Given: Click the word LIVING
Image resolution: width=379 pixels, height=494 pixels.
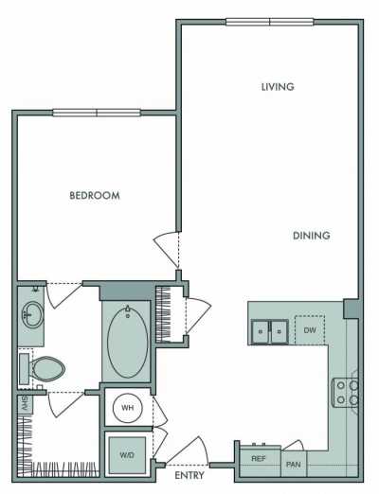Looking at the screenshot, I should pos(278,87).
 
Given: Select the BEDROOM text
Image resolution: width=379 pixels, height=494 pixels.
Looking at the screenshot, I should pos(95,196).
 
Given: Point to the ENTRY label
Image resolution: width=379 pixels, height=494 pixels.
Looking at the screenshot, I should pos(189,475).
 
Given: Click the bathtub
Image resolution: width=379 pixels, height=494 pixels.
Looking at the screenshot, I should pos(127,342).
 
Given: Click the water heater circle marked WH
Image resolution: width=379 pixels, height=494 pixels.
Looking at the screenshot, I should pos(127,409).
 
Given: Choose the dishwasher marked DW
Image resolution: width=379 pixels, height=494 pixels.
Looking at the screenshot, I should pos(309,329).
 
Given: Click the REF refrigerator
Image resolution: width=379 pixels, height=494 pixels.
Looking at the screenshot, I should pos(258,459).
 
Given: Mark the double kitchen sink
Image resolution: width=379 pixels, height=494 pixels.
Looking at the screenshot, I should pos(269,331).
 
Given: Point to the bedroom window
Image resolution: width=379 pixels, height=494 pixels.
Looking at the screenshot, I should pos(97,113).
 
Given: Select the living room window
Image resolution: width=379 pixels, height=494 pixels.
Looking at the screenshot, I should pos(270,21).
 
